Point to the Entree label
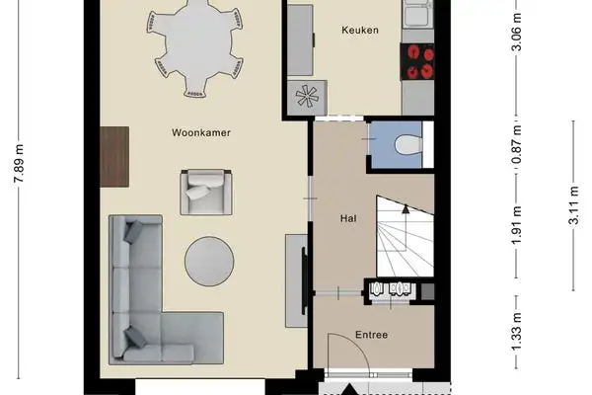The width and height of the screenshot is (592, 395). pos(372,335)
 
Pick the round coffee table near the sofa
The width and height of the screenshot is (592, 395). pos(209,261)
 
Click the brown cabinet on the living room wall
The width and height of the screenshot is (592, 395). pos(115,156)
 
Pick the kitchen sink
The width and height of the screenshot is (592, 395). pos(418,14)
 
